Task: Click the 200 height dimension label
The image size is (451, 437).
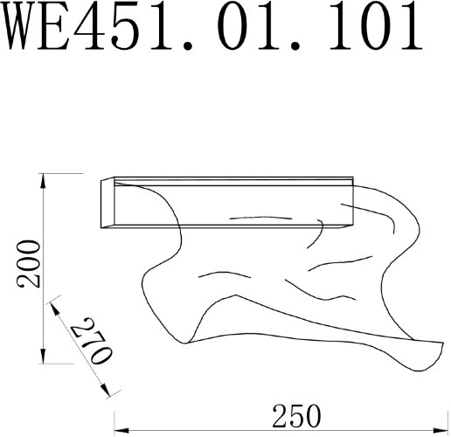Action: pyautogui.click(x=30, y=262)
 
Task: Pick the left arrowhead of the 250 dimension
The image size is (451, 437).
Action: pyautogui.click(x=120, y=429)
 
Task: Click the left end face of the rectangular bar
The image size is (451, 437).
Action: pyautogui.click(x=108, y=203)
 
